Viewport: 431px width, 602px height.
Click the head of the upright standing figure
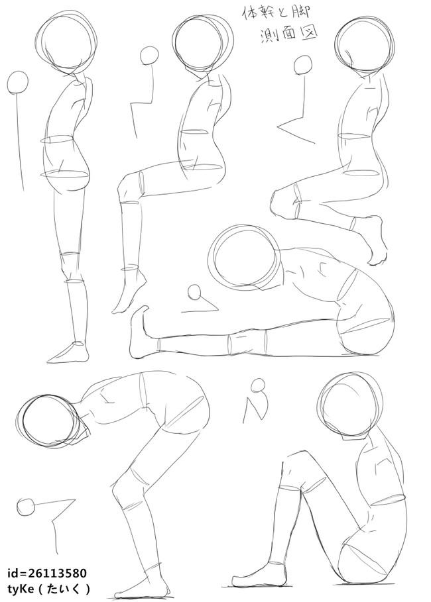coord(66,42)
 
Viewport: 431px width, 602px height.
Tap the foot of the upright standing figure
coord(68,353)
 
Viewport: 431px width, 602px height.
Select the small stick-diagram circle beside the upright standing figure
coord(18,82)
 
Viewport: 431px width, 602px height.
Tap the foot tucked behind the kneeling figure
coord(372,239)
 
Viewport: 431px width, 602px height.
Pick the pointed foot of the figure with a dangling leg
coord(129,292)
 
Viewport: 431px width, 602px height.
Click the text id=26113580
coord(47,574)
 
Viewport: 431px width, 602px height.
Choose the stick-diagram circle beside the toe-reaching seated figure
coord(195,293)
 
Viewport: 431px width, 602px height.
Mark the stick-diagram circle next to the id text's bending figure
coord(26,507)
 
